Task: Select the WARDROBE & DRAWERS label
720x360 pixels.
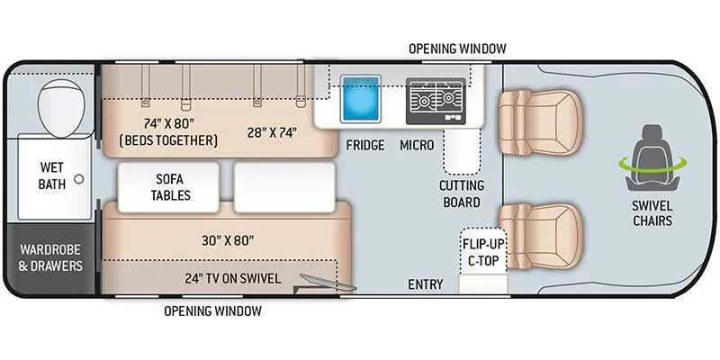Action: tap(50, 257)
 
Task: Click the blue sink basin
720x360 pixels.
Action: tap(362, 99)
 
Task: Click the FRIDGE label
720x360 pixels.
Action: tap(365, 145)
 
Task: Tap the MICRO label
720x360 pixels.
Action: tap(417, 145)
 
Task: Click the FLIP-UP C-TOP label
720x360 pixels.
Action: tap(481, 252)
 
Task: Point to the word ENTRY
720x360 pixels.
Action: tap(426, 284)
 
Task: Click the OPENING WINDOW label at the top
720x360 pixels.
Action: tap(457, 48)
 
